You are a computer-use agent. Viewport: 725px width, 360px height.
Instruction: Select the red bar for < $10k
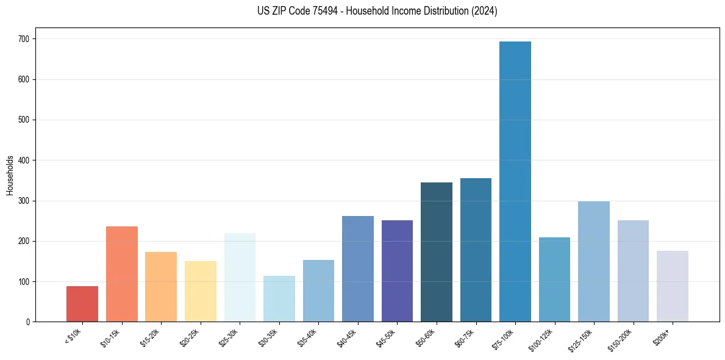[x=82, y=304]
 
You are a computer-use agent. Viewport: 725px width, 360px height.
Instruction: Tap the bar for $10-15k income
[x=122, y=274]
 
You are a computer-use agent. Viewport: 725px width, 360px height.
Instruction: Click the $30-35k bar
[x=279, y=299]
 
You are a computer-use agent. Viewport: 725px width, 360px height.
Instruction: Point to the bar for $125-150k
[x=594, y=261]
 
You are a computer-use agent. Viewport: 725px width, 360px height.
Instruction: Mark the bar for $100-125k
[x=554, y=279]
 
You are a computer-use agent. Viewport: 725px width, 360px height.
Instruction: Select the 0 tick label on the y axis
[x=29, y=322]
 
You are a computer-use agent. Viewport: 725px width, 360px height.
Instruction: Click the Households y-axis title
[x=10, y=175]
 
